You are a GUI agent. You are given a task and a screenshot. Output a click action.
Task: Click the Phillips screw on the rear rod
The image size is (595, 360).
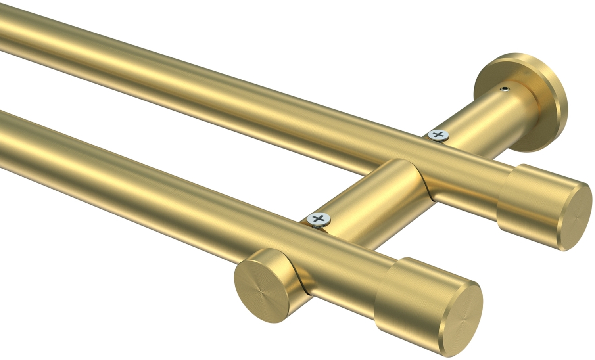pos(438,135)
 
